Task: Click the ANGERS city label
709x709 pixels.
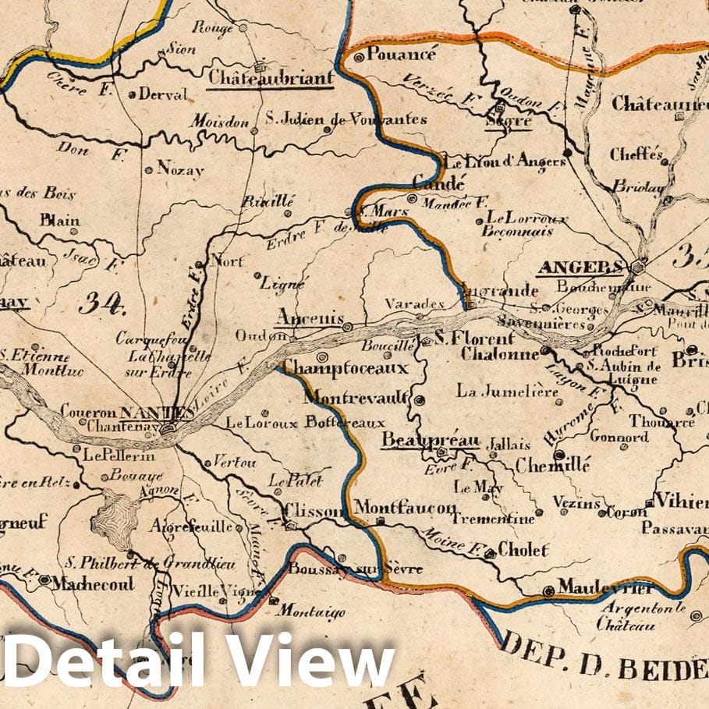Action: pyautogui.click(x=580, y=268)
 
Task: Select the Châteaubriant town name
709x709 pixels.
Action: pyautogui.click(x=271, y=77)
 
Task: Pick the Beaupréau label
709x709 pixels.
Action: pyautogui.click(x=430, y=441)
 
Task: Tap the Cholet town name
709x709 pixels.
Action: pyautogui.click(x=523, y=550)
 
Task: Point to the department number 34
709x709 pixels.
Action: pyautogui.click(x=101, y=303)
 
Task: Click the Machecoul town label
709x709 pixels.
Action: pyautogui.click(x=93, y=583)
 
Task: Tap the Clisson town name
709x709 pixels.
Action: pyautogui.click(x=314, y=511)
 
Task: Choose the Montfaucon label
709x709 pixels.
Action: pyautogui.click(x=405, y=508)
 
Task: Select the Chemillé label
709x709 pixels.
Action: pyautogui.click(x=552, y=465)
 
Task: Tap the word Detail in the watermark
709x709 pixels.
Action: pyautogui.click(x=105, y=660)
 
